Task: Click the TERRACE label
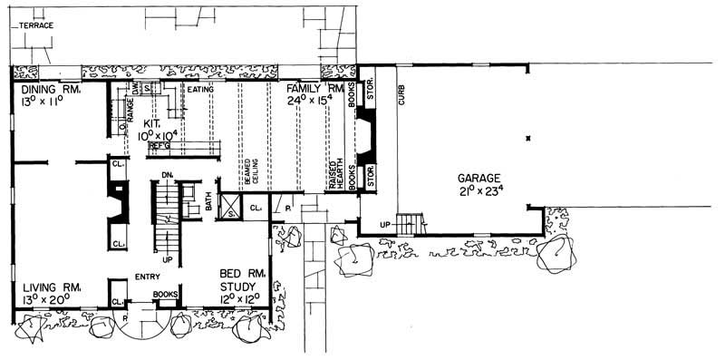37,26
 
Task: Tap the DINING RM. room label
48,92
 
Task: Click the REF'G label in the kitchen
159,144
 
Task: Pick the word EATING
200,90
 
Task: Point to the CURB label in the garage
400,94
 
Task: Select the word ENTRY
148,277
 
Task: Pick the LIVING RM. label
48,288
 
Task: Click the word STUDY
241,286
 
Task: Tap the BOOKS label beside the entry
165,294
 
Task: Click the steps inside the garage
410,222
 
